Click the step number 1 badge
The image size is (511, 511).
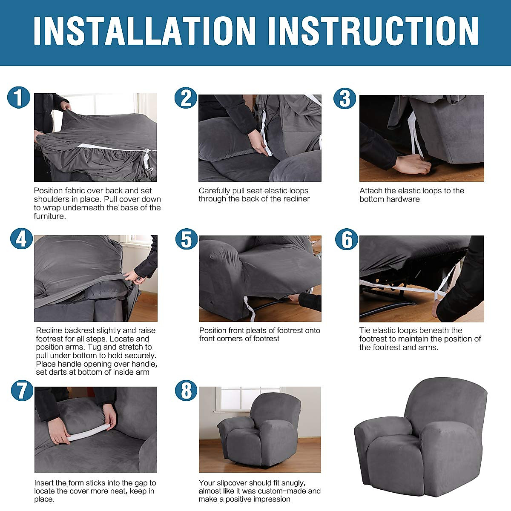coord(19,98)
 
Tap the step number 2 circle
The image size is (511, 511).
coord(186,98)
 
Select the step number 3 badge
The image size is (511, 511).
coord(344,98)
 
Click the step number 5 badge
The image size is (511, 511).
coord(187,239)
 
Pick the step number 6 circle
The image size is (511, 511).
coord(347,239)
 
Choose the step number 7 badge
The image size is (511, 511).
coord(21,390)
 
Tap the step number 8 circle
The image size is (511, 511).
coord(186,391)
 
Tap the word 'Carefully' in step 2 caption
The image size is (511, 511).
coord(215,191)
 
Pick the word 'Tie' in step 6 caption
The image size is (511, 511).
coord(365,330)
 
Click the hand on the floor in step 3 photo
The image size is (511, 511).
coord(411,164)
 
